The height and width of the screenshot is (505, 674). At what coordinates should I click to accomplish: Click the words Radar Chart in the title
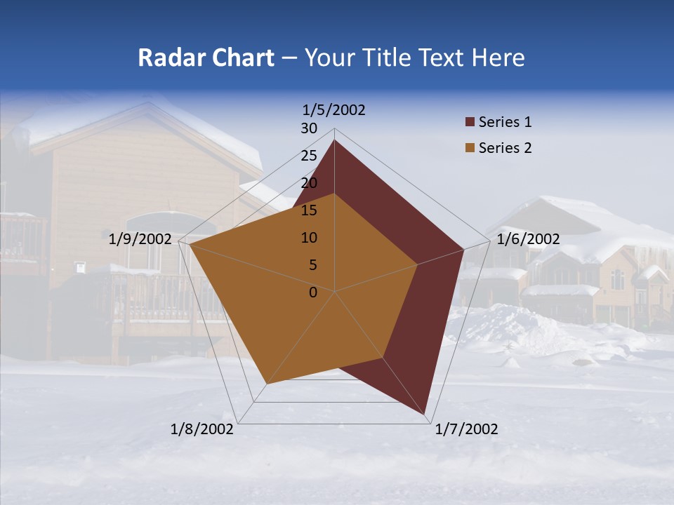206,58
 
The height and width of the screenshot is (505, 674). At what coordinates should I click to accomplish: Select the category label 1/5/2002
333,110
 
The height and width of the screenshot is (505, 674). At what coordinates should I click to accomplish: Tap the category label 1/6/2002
528,239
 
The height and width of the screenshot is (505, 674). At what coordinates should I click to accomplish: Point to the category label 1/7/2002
466,429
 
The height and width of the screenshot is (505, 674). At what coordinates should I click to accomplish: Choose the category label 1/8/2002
202,429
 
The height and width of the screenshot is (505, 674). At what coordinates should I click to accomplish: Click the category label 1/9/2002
140,239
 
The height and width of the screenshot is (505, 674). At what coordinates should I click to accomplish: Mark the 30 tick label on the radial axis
309,128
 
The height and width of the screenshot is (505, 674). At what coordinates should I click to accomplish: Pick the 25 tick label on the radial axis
309,156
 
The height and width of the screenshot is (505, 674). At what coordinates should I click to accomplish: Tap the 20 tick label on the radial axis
309,183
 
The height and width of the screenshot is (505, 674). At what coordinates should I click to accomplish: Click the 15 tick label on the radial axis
309,210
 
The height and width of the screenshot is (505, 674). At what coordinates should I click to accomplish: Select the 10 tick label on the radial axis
309,238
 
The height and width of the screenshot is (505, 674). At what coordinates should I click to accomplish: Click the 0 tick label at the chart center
313,292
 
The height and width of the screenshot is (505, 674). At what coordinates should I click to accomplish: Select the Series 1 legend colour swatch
470,122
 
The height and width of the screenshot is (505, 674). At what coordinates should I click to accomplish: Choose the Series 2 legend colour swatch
470,148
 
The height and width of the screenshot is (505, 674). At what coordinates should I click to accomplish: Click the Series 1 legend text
505,122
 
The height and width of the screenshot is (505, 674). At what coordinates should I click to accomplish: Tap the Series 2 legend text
505,148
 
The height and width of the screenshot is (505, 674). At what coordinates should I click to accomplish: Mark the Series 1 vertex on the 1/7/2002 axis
425,415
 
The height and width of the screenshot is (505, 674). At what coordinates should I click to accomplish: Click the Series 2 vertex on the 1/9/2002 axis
190,245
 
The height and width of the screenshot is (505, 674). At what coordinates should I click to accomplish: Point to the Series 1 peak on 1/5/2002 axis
334,140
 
